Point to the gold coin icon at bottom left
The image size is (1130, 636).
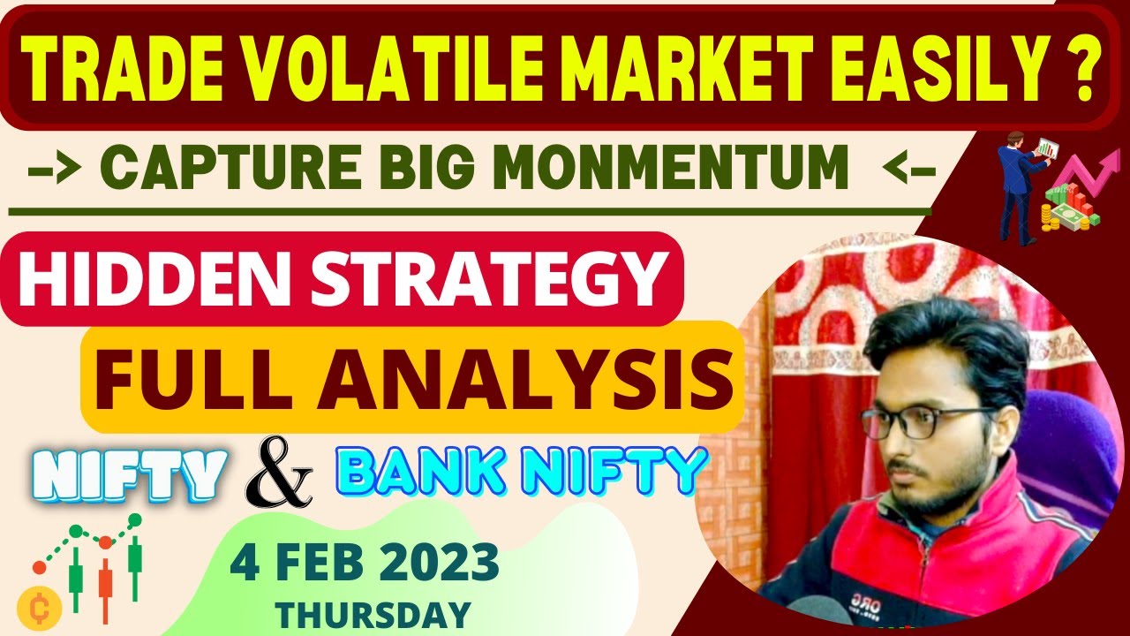[38, 609]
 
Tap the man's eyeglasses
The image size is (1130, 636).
[927, 422]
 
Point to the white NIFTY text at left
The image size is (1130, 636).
[132, 474]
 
